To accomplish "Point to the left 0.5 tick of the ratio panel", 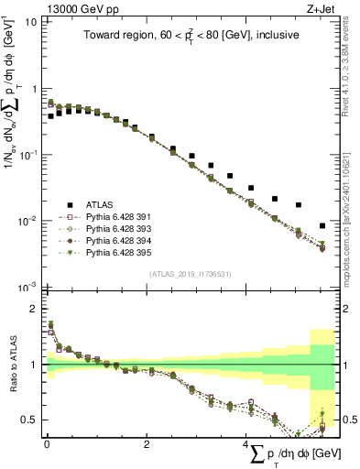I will pyautogui.click(x=29, y=420).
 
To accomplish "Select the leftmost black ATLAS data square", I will pyautogui.click(x=50, y=116).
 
